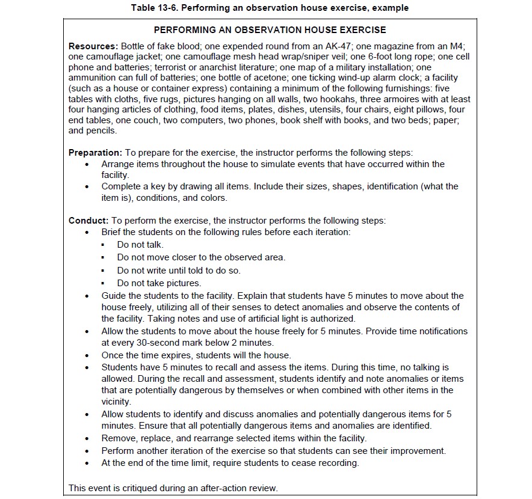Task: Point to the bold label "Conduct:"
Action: [x=88, y=220]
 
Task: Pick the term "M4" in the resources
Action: [x=459, y=46]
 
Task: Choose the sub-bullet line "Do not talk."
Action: [x=140, y=245]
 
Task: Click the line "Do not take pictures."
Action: [x=159, y=283]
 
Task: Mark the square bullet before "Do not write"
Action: [x=103, y=271]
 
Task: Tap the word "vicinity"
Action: [x=116, y=401]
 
